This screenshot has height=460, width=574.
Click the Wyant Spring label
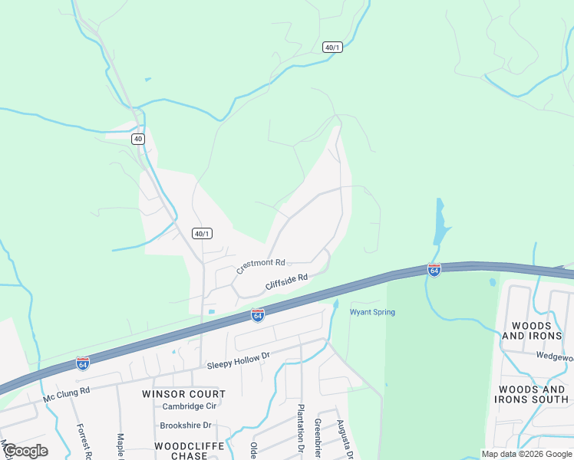click(x=372, y=312)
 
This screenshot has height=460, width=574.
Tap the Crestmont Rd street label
click(x=261, y=266)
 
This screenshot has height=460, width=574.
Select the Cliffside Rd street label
click(x=286, y=282)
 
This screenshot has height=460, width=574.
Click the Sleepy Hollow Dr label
click(x=239, y=360)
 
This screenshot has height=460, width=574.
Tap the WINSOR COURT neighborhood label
click(x=184, y=394)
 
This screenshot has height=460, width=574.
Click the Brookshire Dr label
click(x=185, y=426)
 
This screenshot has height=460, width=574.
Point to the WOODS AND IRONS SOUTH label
click(x=531, y=394)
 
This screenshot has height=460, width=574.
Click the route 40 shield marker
click(x=137, y=139)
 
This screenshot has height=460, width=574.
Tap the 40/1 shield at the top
click(x=332, y=47)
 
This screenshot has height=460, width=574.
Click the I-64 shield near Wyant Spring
click(x=258, y=315)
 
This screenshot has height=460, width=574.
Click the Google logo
click(x=25, y=451)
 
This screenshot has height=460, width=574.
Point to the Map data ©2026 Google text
click(x=526, y=454)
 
